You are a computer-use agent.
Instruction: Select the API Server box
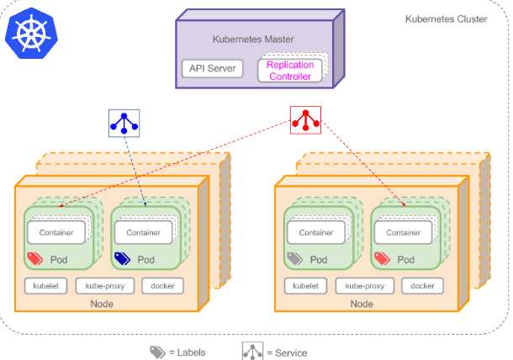pos(211,69)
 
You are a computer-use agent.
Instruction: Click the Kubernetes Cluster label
pos(446,19)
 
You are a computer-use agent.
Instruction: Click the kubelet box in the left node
pos(46,286)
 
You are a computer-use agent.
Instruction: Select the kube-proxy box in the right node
pos(365,286)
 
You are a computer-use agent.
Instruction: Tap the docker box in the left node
pos(162,286)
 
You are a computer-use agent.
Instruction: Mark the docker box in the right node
pos(422,286)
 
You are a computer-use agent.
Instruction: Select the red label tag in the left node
pos(35,259)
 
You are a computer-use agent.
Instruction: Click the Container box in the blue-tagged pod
pos(143,232)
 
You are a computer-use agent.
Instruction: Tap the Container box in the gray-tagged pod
pos(316,232)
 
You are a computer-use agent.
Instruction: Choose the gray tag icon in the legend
pos(157,352)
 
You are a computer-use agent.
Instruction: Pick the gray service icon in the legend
pos(253,352)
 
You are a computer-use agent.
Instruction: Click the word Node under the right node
pos(362,304)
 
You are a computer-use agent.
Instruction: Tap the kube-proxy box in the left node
pos(105,286)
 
